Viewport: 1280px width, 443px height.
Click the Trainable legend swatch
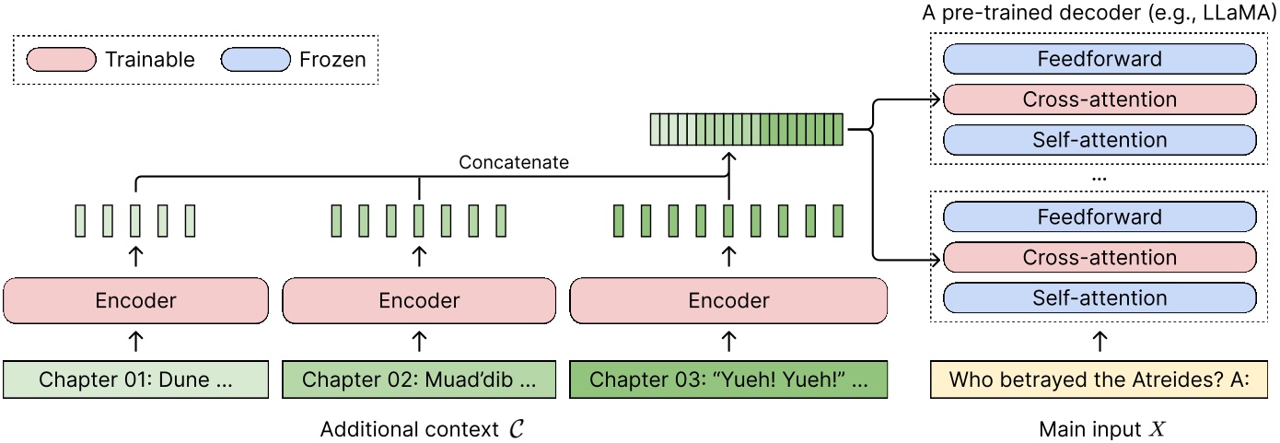click(61, 60)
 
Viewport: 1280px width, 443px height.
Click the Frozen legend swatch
click(255, 60)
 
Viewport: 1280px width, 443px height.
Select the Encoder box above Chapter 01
click(136, 300)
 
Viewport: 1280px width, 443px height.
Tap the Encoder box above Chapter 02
click(419, 300)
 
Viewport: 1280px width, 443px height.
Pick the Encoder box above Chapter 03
click(728, 300)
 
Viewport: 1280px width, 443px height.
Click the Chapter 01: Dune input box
click(136, 379)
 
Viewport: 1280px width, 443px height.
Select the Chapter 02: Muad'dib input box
click(419, 379)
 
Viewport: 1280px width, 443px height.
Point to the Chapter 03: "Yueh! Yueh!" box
click(728, 379)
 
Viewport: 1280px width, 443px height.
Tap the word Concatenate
click(514, 162)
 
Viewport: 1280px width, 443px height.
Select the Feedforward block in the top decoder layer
click(1099, 60)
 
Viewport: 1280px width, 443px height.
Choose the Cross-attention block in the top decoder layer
click(1099, 99)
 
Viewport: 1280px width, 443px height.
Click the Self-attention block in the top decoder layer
click(1099, 140)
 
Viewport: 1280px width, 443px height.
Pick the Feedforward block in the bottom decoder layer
click(1099, 217)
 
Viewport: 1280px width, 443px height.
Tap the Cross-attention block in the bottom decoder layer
click(1099, 258)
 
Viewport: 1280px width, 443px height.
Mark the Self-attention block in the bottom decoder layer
click(1099, 297)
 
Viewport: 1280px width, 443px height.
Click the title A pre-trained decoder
click(1099, 13)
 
